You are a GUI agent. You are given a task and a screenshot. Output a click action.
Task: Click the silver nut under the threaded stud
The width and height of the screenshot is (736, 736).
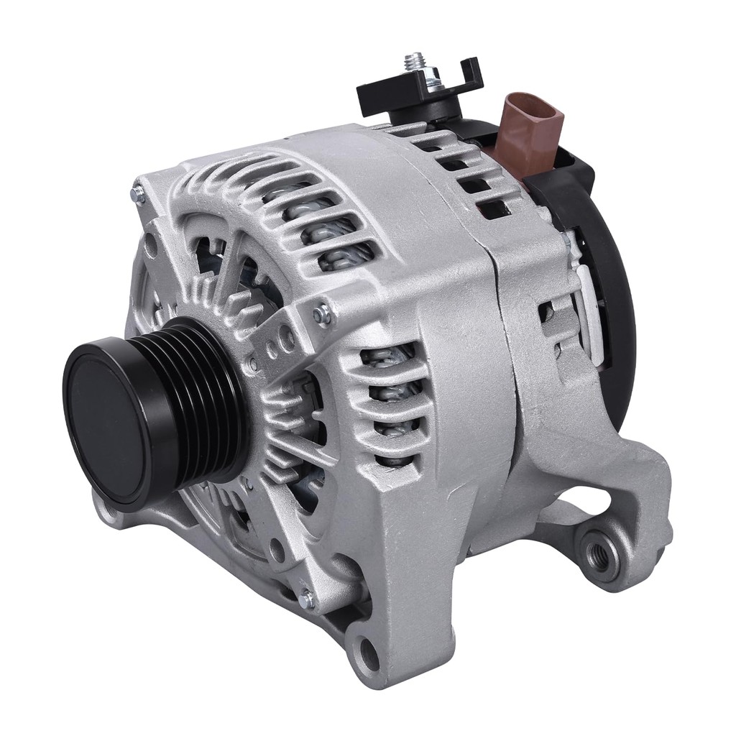coord(417,79)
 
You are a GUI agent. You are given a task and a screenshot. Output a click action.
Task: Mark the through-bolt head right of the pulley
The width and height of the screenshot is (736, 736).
coord(321,313)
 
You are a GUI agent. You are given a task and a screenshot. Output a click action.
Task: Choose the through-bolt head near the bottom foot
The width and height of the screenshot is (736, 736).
coord(308,597)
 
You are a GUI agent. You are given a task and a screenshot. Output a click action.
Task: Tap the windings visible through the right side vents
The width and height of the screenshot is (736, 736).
coord(388,392)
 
